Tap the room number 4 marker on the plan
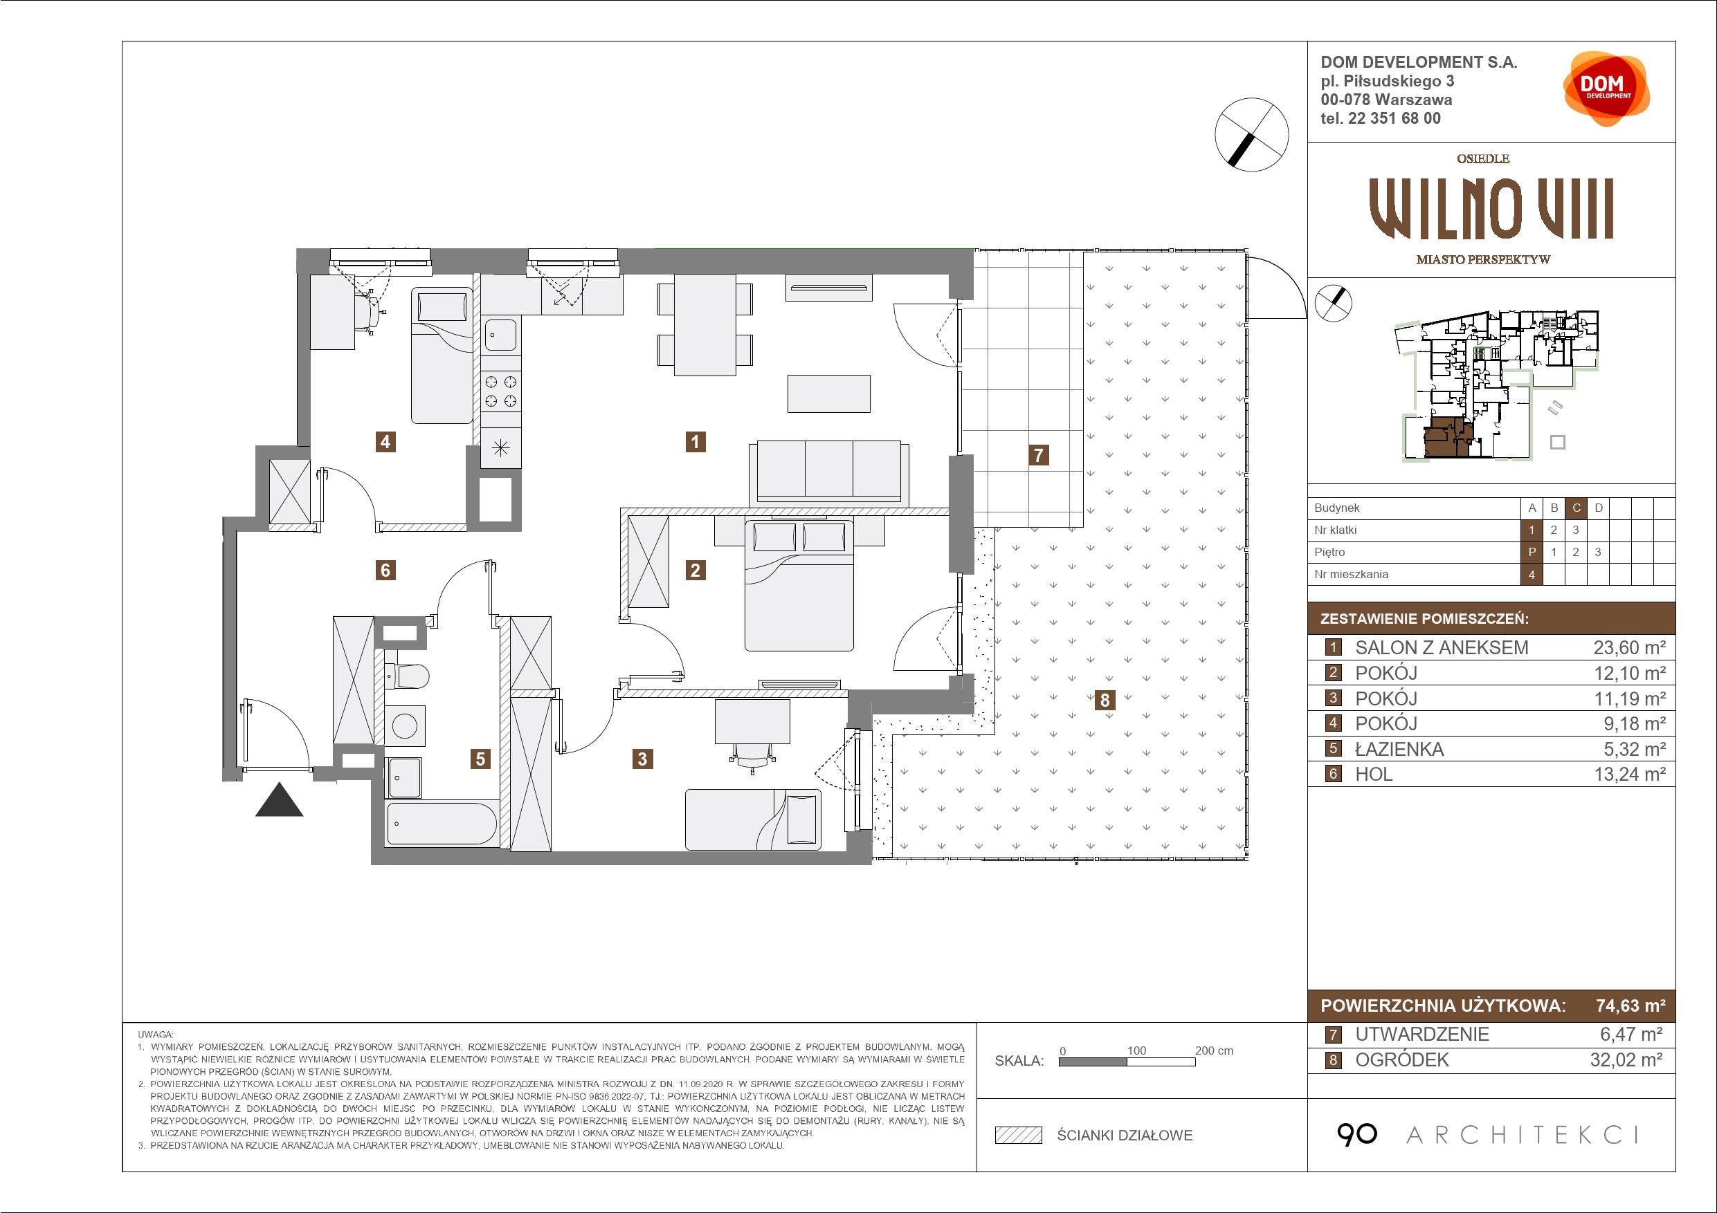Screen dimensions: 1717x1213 click(385, 442)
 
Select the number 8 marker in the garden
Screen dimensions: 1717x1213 click(1105, 701)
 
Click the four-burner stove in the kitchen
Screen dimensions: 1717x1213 click(500, 391)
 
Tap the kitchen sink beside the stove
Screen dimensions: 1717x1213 click(500, 334)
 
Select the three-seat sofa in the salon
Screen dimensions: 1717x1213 click(828, 473)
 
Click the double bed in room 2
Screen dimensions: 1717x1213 click(799, 585)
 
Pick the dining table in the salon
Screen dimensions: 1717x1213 click(705, 324)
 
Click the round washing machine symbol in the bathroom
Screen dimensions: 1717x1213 click(406, 725)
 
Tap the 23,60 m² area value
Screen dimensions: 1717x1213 click(1628, 648)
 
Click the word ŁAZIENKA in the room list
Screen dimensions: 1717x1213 click(1399, 749)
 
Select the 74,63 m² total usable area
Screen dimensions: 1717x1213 click(1630, 1006)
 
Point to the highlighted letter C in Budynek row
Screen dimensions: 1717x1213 click(1577, 508)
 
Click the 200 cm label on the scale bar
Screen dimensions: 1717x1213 click(1214, 1050)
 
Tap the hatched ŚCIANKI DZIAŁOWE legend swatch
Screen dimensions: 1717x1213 click(1019, 1136)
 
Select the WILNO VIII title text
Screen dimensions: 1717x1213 click(1491, 210)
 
